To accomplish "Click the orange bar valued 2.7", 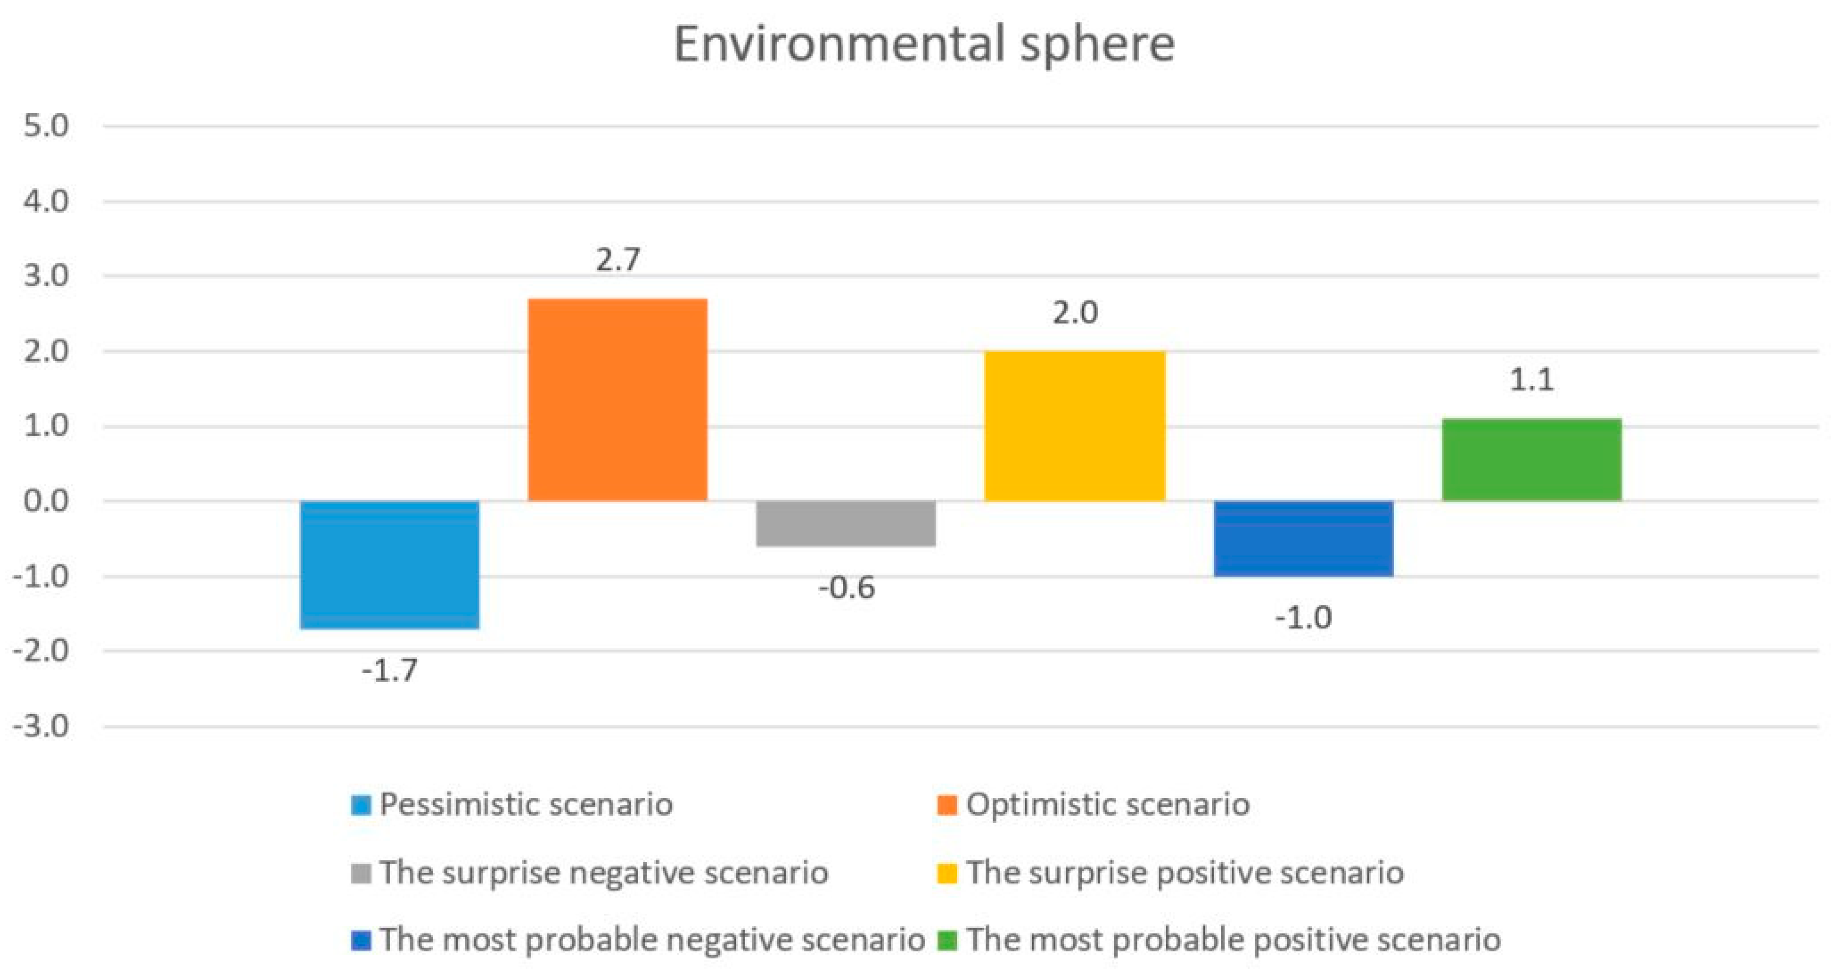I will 618,400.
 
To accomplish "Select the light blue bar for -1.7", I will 390,565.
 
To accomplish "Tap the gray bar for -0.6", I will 846,524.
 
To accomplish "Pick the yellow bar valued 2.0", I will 1074,426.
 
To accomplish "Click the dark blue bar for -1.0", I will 1303,538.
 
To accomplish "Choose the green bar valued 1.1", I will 1531,460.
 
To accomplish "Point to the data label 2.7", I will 618,259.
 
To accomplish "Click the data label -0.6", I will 847,588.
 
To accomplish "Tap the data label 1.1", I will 1531,380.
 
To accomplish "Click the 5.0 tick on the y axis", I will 46,127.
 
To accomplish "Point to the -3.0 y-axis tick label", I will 42,727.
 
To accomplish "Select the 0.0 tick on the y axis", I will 46,501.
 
